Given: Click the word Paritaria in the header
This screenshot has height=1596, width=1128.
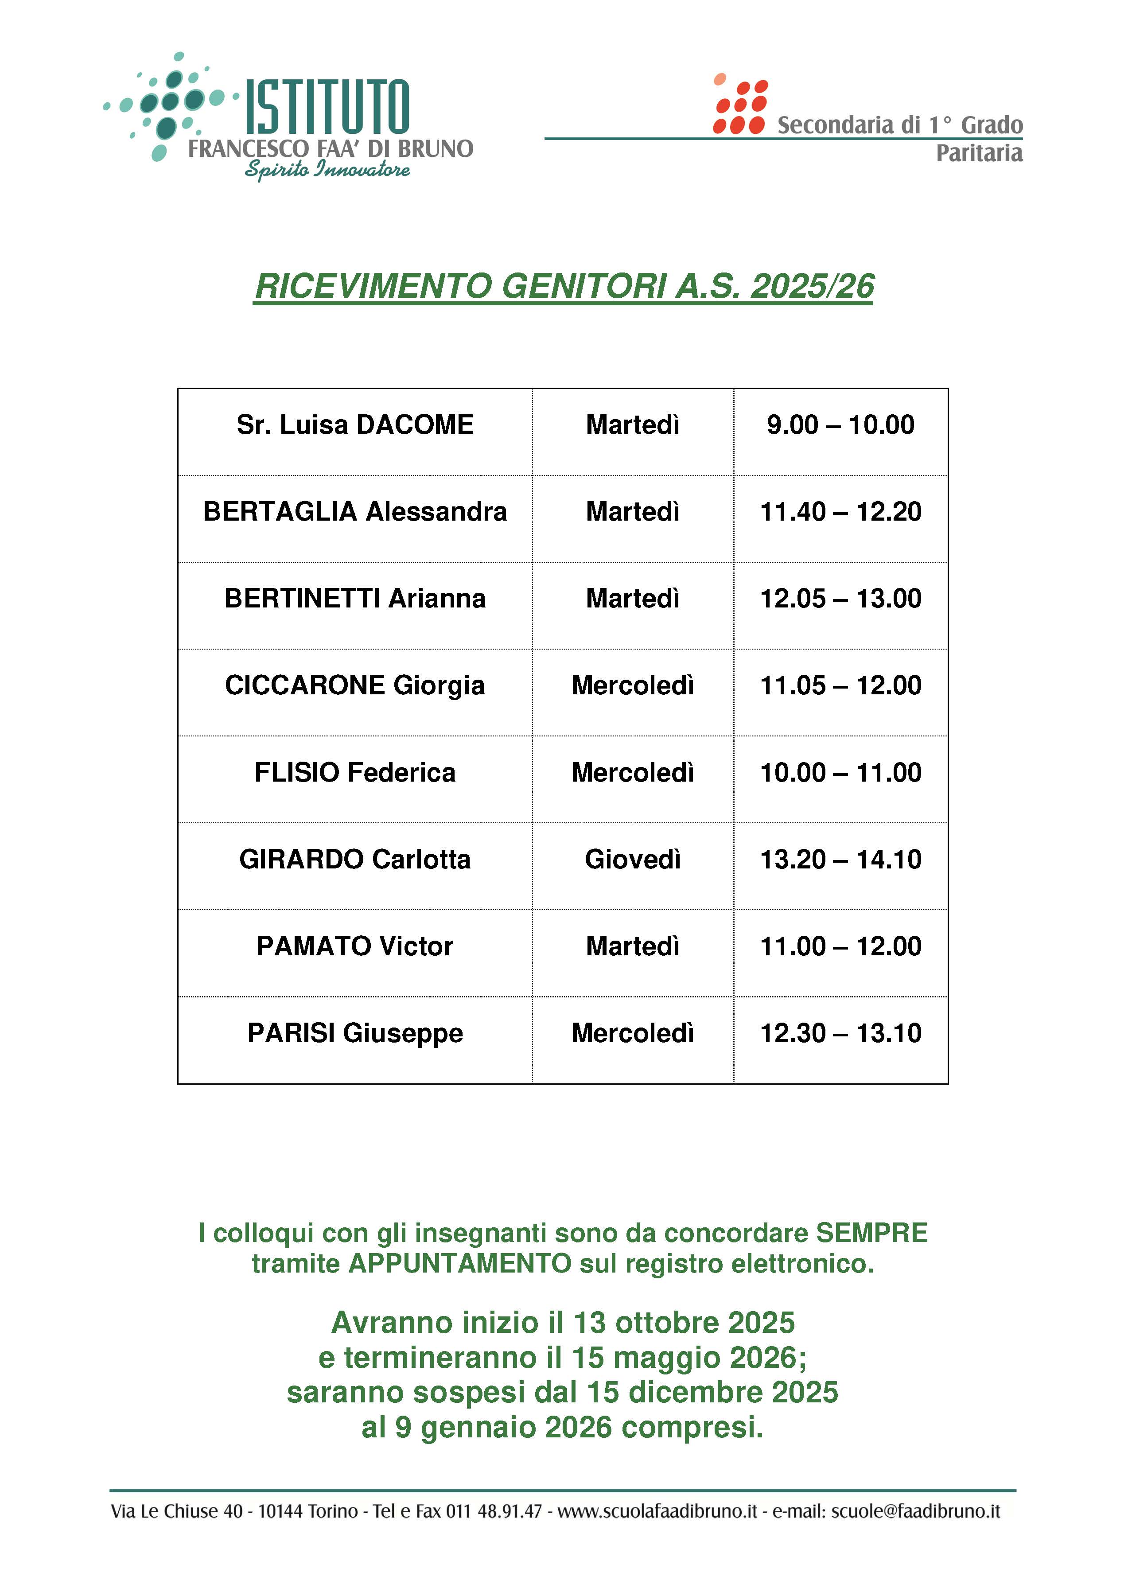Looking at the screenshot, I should pos(979,153).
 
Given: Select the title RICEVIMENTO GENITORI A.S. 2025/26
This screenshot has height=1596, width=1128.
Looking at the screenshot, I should pos(564,286).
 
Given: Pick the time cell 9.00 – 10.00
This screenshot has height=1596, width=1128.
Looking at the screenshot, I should pos(840,425).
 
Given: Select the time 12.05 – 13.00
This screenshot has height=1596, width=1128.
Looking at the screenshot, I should pos(840,599).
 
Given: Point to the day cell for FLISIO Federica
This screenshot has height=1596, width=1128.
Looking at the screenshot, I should pos(633,772).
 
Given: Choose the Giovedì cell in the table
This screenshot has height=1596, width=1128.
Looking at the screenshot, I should pos(633,859).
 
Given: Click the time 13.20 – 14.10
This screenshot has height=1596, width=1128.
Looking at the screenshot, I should pos(840,859).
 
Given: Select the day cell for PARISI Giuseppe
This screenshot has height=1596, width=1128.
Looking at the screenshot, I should pos(633,1033).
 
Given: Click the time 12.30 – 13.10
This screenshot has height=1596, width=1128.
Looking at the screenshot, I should pos(840,1033).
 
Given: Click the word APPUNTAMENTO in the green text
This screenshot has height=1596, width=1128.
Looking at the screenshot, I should pos(460,1264).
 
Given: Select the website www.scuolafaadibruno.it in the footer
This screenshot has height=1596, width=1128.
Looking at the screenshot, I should pos(657,1511).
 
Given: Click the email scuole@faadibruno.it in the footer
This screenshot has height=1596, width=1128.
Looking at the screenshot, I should pos(915,1511).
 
